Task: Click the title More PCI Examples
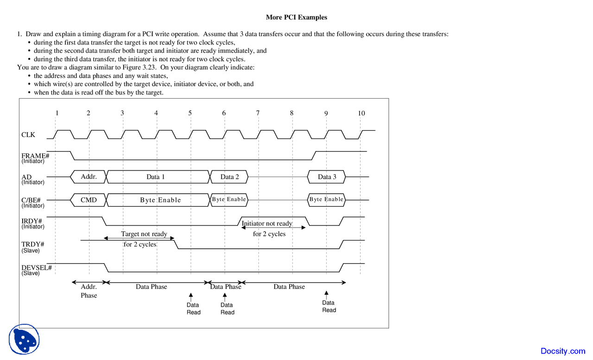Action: coord(296,18)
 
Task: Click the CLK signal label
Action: coord(28,135)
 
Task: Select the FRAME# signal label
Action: coord(35,156)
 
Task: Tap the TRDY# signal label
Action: coord(32,244)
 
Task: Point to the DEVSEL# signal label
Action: coord(36,268)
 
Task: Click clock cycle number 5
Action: coord(190,113)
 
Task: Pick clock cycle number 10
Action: coord(361,114)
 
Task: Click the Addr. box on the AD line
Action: coord(88,177)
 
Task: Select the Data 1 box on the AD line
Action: coord(156,177)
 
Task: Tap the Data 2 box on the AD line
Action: coord(230,177)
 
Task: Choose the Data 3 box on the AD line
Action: coord(327,177)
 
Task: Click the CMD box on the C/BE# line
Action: coord(88,200)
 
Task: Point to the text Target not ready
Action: coord(144,234)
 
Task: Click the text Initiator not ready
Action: coord(267,223)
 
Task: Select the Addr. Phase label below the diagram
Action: coord(89,291)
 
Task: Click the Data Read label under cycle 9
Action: coord(329,306)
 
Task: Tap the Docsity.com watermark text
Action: coord(563,351)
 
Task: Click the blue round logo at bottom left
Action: coord(24,340)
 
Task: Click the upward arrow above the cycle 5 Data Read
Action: coord(190,296)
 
